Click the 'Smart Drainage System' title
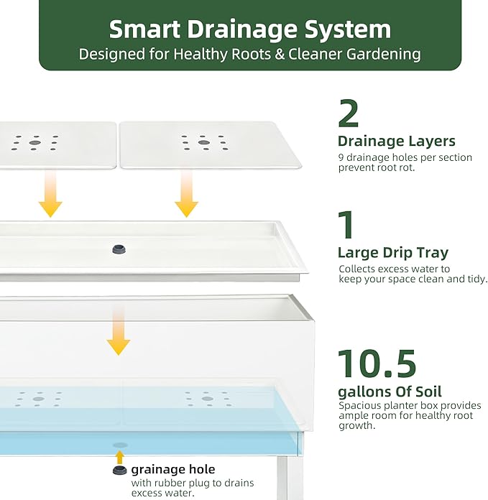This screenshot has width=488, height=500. [249, 29]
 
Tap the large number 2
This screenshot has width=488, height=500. [349, 114]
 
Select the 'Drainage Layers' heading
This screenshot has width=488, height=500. [397, 141]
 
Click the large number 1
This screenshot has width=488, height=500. [346, 224]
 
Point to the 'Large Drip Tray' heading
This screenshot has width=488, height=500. [393, 253]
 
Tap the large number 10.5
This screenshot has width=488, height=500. [377, 364]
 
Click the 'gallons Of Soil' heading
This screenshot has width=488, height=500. [390, 392]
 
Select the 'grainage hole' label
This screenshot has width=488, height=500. [173, 469]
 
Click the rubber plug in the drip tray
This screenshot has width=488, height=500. [119, 249]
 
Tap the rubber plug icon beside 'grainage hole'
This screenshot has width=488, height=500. [120, 470]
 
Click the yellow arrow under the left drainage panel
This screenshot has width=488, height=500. [50, 193]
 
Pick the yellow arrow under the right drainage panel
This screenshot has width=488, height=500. [187, 193]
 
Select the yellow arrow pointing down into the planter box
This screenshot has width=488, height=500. [119, 330]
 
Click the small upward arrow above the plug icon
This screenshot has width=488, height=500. [119, 457]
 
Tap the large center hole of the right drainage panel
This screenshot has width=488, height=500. [204, 142]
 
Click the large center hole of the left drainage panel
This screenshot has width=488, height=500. [34, 142]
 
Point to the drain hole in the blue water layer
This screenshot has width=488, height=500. [120, 445]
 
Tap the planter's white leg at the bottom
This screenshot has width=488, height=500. [290, 478]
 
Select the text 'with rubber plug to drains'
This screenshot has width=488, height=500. [193, 483]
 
